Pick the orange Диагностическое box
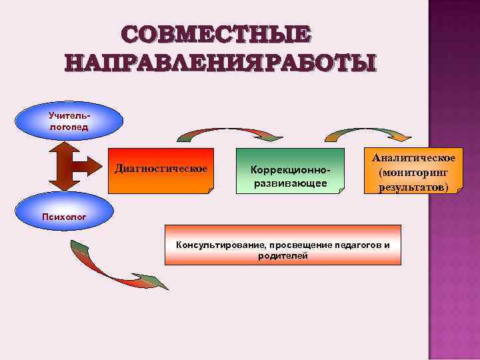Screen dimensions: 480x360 point(161,170)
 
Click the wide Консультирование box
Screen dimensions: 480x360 point(283,250)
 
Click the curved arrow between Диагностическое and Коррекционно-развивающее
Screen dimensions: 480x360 point(229,133)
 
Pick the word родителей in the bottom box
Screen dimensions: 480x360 point(283,256)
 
